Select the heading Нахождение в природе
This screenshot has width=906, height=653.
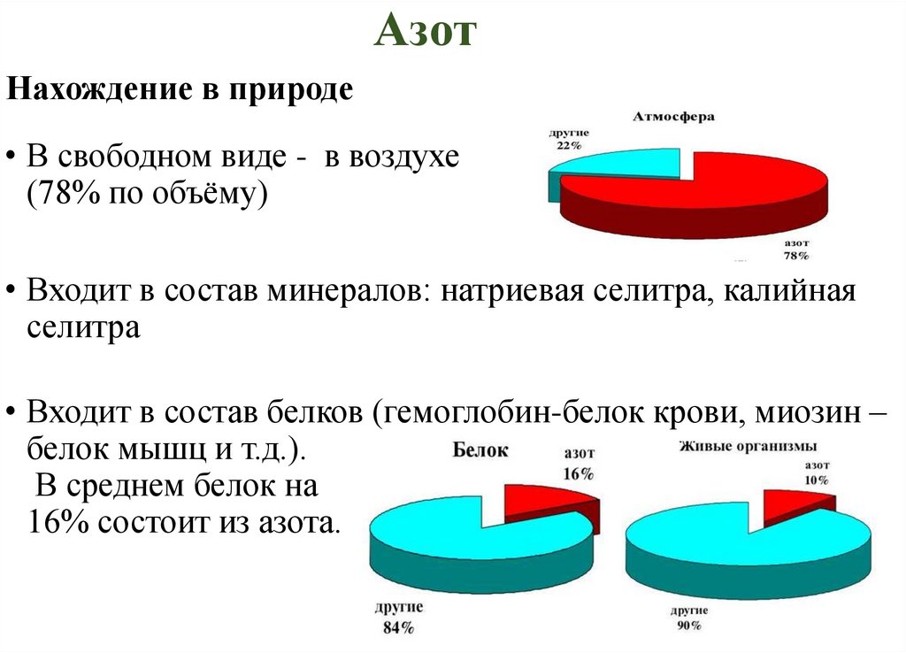(x=180, y=89)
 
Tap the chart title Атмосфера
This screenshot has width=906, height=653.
(x=673, y=117)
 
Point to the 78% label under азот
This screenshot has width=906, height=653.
(x=795, y=255)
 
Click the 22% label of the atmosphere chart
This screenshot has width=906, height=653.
(x=568, y=145)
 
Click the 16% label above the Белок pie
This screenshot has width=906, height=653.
(x=578, y=473)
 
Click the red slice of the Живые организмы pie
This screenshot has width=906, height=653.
(x=793, y=505)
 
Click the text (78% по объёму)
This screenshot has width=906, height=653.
(x=147, y=195)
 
